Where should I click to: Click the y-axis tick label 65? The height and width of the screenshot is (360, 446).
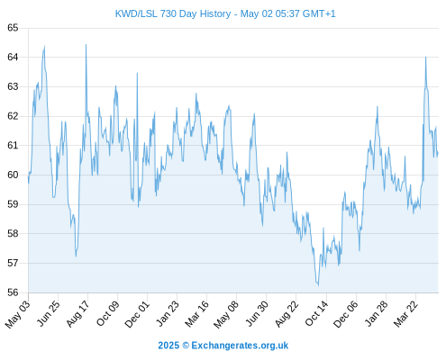point(13,28)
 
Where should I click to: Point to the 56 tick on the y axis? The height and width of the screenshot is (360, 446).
point(13,292)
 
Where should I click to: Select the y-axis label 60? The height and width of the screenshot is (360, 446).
point(13,175)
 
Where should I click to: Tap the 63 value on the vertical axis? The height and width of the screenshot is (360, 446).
point(13,86)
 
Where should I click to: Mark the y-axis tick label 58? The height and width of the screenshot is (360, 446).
point(13,233)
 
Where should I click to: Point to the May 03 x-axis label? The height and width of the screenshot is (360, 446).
point(18,314)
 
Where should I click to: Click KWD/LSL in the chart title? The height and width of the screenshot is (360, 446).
point(136,13)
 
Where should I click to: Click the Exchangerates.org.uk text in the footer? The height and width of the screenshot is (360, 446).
point(240,346)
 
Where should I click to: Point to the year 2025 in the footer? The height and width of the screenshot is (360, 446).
point(168,346)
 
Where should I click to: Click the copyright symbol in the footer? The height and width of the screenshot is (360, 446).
point(186,346)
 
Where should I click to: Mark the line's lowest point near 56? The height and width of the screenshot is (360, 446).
point(318,285)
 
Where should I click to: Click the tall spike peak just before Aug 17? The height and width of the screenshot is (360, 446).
point(86,45)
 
